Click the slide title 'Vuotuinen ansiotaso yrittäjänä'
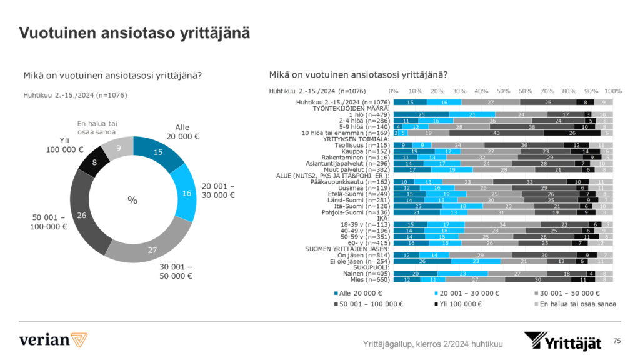[x=134, y=33]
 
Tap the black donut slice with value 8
[x=94, y=163]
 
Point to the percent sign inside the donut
[x=132, y=200]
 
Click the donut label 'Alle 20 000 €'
[x=186, y=132]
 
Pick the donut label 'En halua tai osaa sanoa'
[x=96, y=128]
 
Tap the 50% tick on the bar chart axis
[x=502, y=91]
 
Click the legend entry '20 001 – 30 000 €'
[x=466, y=293]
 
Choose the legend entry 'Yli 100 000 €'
[x=459, y=304]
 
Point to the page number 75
[x=617, y=341]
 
